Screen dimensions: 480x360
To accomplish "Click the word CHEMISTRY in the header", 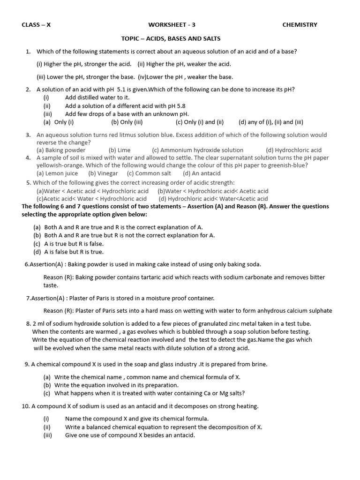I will pos(300,25).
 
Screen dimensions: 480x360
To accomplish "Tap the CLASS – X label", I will pos(36,25).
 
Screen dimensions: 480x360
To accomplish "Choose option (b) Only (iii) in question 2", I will pos(127,122).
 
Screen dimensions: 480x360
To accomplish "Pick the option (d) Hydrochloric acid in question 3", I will pos(293,150).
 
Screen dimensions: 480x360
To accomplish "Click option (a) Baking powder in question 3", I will pos(61,150).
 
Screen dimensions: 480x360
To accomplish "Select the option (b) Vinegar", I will pos(103,173).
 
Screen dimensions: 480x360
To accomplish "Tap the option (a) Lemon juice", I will pos(57,173).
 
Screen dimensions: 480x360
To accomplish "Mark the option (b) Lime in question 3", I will pos(120,150).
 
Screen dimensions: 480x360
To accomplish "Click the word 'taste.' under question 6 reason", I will pos(51,285).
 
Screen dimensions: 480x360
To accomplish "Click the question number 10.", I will pos(26,406).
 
